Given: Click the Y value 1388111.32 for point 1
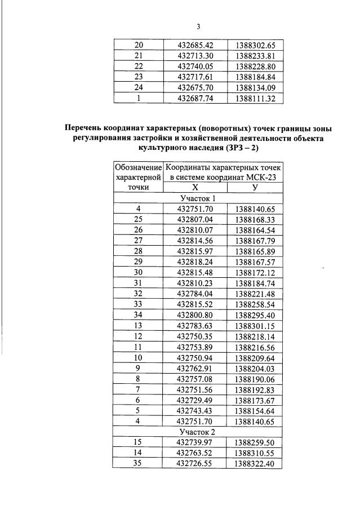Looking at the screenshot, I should pos(255,97).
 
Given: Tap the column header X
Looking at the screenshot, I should pos(195,188).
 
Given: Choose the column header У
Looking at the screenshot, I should pos(255,188).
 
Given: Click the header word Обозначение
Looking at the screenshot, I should pos(138,167).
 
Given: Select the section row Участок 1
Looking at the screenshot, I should pos(198,198).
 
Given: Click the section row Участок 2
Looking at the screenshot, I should pos(198,432).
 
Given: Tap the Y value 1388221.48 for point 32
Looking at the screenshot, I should pos(255,294).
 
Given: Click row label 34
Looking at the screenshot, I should pos(138,315).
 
